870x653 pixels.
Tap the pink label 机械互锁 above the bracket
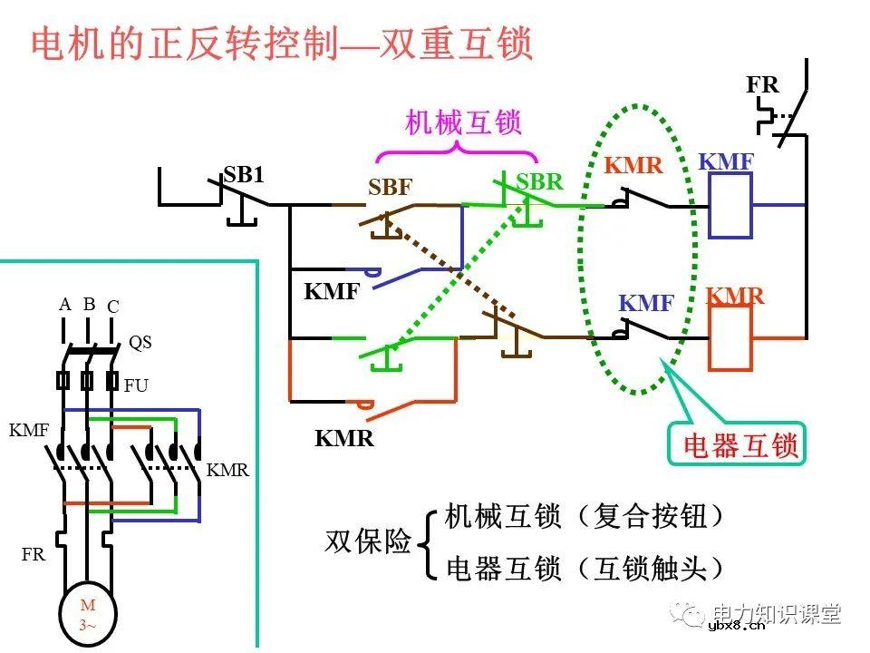[x=463, y=122]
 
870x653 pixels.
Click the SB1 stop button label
[x=244, y=175]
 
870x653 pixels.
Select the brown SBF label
[x=390, y=188]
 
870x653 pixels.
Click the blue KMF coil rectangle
[x=730, y=206]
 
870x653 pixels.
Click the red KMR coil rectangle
[x=730, y=337]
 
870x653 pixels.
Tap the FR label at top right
[x=762, y=85]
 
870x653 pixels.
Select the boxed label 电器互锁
[x=739, y=445]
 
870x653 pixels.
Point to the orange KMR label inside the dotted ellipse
[x=633, y=166]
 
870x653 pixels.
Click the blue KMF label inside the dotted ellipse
[x=646, y=304]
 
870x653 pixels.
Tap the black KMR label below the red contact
[x=344, y=439]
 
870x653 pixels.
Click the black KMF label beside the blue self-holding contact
[x=332, y=292]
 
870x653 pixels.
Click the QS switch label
[x=140, y=343]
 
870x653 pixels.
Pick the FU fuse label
[x=136, y=385]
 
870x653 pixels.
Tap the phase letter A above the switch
[x=65, y=305]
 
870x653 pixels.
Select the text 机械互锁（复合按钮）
[x=585, y=517]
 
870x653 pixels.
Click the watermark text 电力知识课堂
[x=777, y=614]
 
